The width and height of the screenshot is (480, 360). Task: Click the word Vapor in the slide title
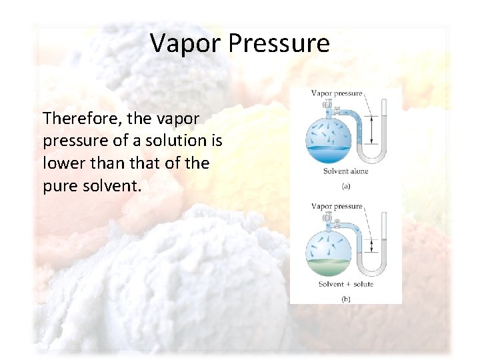pos(185,43)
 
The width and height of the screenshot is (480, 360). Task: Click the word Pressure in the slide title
pos(279,43)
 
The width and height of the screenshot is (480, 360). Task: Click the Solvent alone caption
pos(345,171)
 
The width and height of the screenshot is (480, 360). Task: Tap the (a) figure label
pos(346,186)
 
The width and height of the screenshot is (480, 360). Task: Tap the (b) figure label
pos(346,299)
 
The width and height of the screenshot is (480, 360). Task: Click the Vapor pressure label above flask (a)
pos(337,93)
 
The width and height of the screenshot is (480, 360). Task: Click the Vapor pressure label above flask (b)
pos(337,207)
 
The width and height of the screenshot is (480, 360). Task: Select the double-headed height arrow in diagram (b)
pos(371,247)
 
